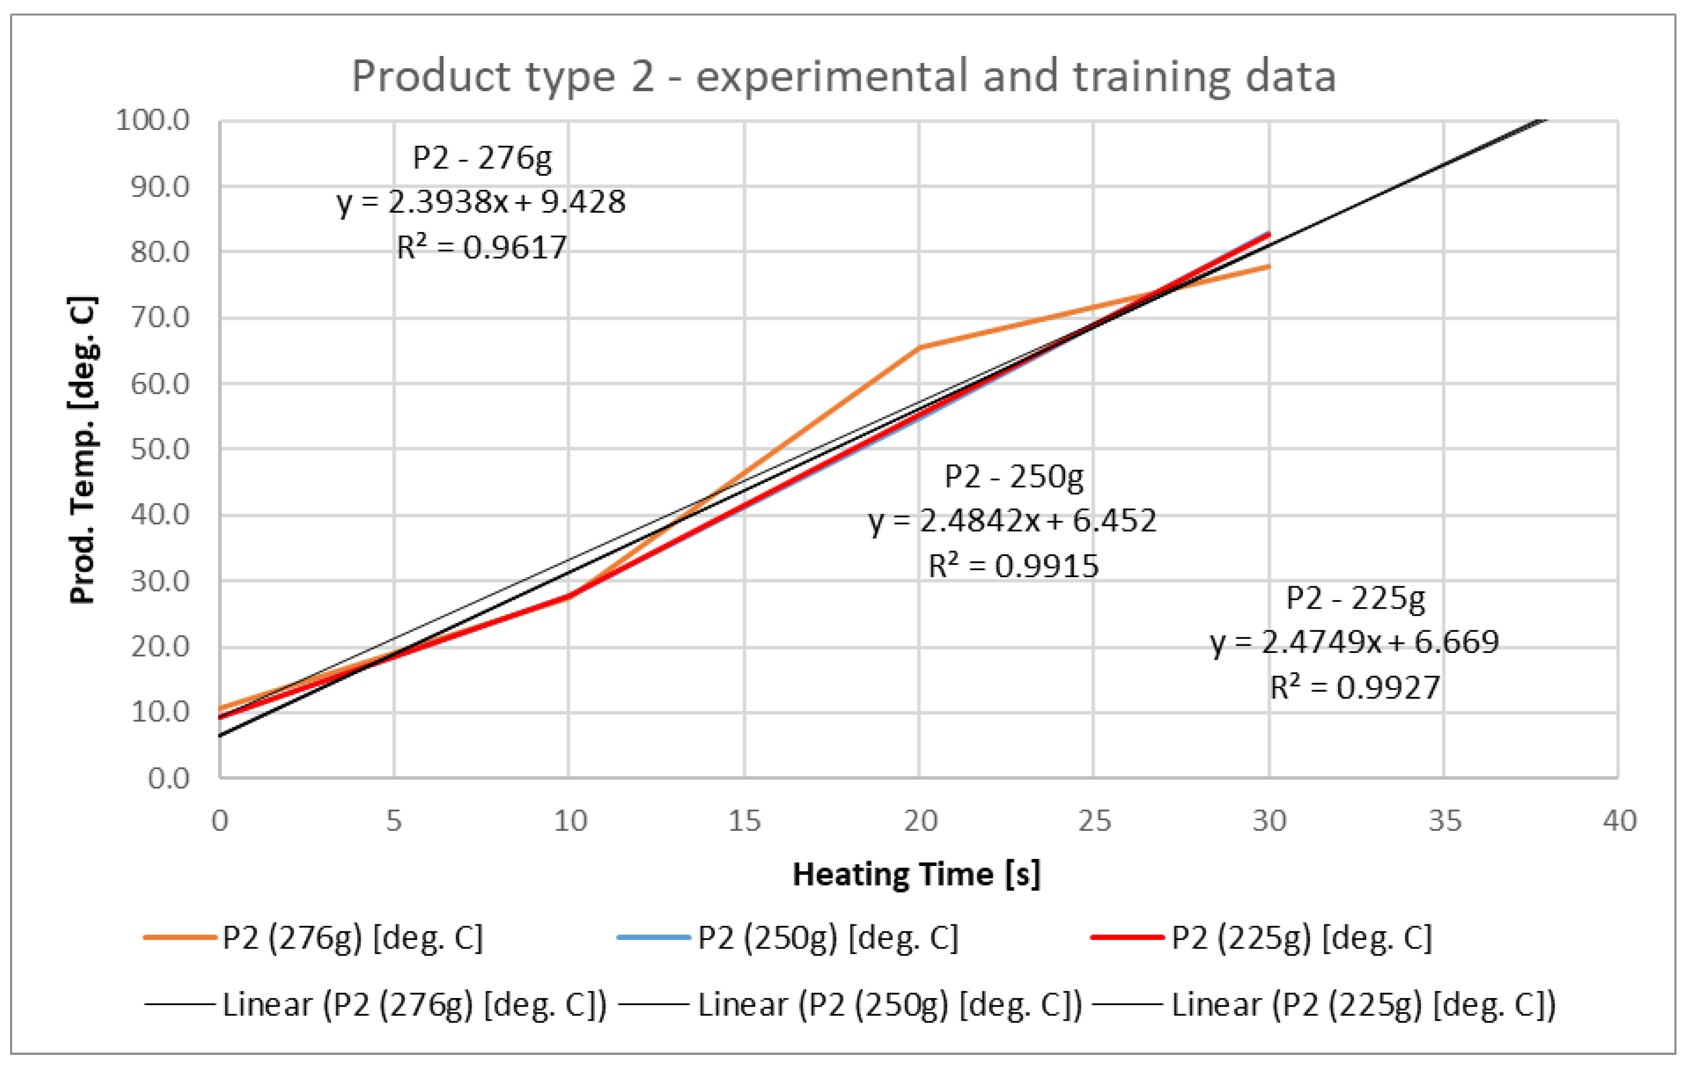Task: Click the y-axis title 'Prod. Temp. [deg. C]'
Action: pos(83,450)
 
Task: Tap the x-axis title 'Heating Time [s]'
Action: pos(917,875)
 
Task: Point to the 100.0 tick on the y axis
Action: pos(153,120)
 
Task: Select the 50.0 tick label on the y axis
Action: pos(160,449)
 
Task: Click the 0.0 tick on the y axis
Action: pos(168,778)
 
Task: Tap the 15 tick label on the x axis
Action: pos(744,821)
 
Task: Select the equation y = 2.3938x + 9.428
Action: pos(480,203)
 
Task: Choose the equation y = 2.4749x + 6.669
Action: pos(1354,642)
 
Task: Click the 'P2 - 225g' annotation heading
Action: pos(1355,598)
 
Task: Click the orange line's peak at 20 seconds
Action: pos(919,348)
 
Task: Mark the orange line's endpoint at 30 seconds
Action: pos(1268,267)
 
